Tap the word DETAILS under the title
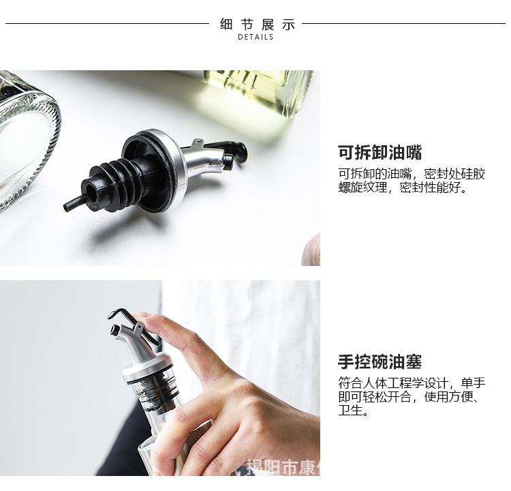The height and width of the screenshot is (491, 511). (x=256, y=37)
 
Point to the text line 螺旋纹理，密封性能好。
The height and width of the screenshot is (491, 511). (x=403, y=188)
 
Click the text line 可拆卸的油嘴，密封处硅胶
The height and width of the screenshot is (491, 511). (x=412, y=173)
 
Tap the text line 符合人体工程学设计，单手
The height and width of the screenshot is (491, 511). (x=412, y=383)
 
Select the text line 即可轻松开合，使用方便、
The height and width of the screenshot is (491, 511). (x=412, y=397)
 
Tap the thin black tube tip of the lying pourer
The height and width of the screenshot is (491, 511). (x=72, y=203)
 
